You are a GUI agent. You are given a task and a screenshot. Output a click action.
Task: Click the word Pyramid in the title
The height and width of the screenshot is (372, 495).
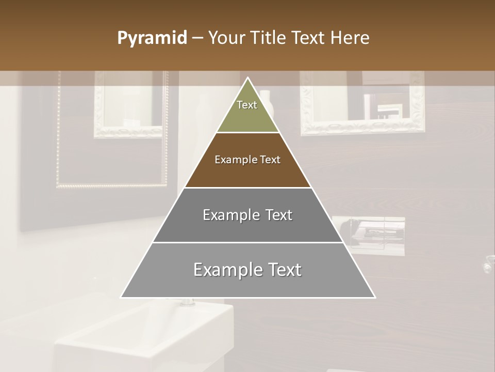(x=152, y=38)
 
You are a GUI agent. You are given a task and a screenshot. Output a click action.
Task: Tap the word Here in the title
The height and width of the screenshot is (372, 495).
(x=350, y=38)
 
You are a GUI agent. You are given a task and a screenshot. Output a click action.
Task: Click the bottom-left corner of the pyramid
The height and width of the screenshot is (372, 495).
(x=122, y=297)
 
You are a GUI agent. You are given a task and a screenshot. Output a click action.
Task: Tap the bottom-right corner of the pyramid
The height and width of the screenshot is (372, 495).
(x=374, y=297)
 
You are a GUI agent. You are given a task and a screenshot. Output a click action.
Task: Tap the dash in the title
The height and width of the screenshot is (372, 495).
(x=197, y=38)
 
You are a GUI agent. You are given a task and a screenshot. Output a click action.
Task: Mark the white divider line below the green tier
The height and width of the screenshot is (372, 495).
(x=247, y=133)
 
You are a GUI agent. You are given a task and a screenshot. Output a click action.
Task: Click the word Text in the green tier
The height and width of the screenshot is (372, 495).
(x=247, y=105)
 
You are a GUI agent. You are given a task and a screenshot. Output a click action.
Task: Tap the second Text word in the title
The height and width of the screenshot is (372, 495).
(x=309, y=38)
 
